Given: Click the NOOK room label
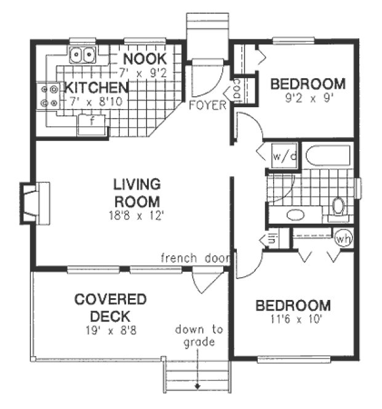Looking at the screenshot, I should click(145, 59).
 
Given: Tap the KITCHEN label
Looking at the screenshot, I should click(97, 86).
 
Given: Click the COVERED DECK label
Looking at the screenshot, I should click(111, 308).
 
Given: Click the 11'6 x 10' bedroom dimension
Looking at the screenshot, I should click(293, 319).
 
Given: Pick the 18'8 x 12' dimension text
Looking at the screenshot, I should click(137, 215).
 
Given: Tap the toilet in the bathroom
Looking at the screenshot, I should click(338, 206).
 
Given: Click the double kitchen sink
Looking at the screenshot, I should click(82, 55).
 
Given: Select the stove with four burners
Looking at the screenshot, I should click(49, 96).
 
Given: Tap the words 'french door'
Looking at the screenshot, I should click(195, 257).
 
